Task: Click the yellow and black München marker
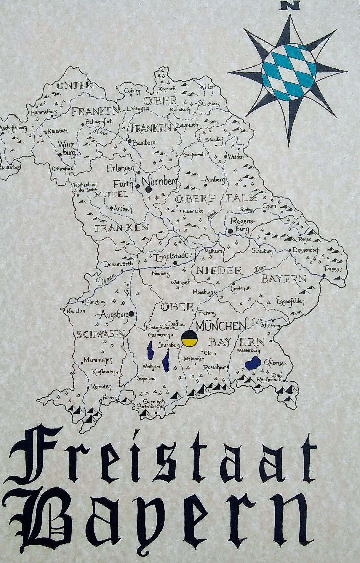(x=189, y=339)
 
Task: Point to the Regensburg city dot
(x=230, y=231)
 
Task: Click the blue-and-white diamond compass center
(x=289, y=71)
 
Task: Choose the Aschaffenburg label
(x=13, y=128)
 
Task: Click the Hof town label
(x=209, y=87)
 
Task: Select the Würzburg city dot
(x=60, y=154)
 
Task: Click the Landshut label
(x=240, y=288)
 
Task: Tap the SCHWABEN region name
(x=101, y=334)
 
